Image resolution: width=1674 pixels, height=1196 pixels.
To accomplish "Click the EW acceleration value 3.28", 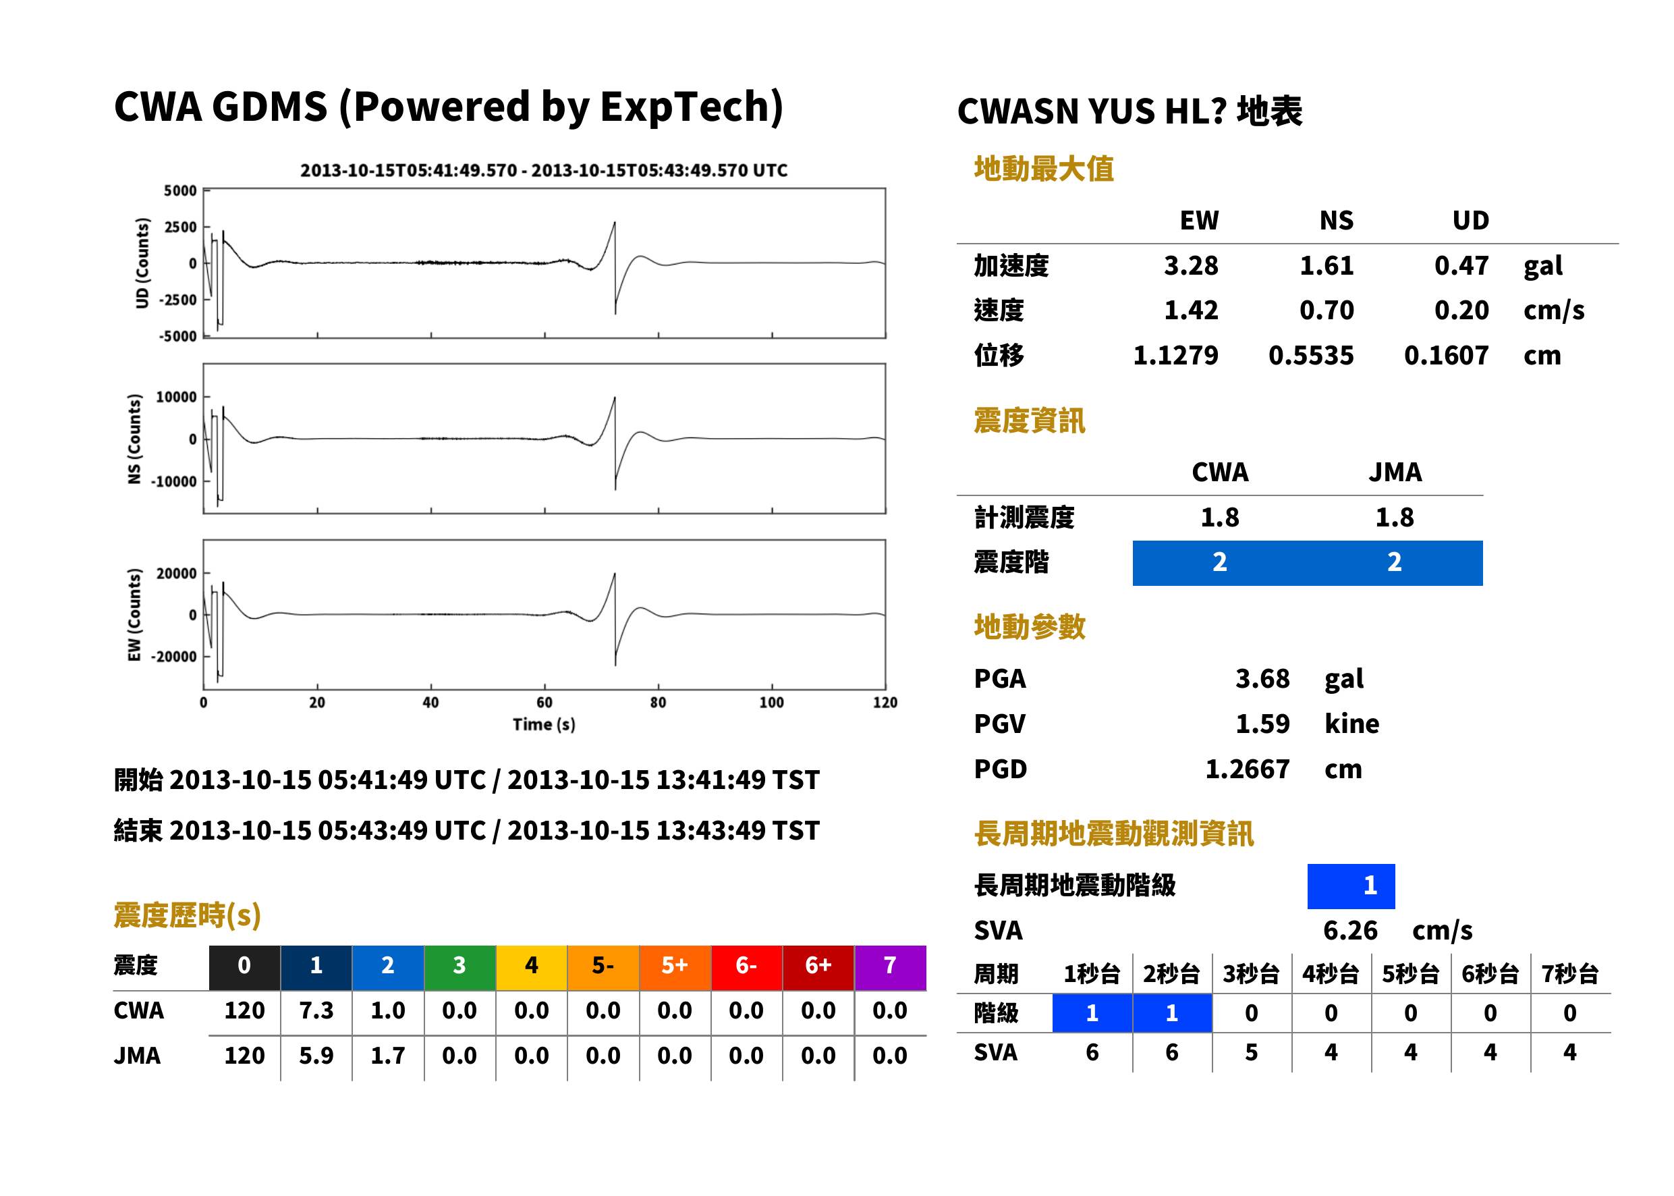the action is pos(1190,265).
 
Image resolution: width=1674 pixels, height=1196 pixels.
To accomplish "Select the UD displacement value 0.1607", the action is pos(1446,356).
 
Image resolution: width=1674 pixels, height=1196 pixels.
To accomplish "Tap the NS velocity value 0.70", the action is pos(1326,310).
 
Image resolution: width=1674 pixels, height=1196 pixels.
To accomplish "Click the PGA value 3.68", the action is pos(1262,678).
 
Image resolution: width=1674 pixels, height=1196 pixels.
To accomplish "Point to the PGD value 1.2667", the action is pos(1247,769).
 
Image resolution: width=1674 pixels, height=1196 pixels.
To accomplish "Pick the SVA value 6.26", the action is pos(1349,931).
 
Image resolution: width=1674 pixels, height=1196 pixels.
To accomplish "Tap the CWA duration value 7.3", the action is pos(316,1011).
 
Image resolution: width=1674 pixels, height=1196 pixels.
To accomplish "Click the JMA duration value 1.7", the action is pos(388,1056).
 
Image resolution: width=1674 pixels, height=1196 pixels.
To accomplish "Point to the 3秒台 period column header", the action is pos(1251,975).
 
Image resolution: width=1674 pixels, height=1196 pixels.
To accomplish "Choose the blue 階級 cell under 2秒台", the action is pos(1172,1013).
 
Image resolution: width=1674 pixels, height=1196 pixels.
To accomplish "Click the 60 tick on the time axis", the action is pos(544,703).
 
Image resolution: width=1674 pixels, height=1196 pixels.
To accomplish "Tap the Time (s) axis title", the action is pos(544,725).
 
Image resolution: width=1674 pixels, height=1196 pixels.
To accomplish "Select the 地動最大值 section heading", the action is pos(1043,169).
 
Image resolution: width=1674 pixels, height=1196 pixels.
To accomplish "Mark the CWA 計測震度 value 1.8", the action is pos(1219,518).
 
